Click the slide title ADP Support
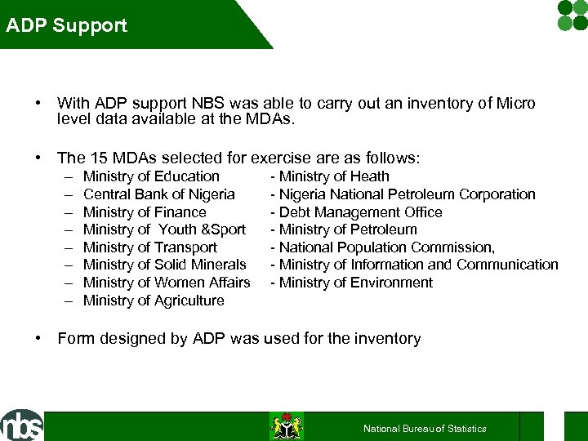pyautogui.click(x=67, y=25)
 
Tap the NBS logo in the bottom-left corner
pyautogui.click(x=22, y=425)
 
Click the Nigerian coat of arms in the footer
pyautogui.click(x=287, y=426)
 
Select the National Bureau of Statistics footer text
pyautogui.click(x=425, y=429)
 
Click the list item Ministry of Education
pyautogui.click(x=151, y=176)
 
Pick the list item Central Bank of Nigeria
pyautogui.click(x=158, y=194)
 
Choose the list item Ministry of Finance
pyautogui.click(x=145, y=212)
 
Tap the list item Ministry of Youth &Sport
pyautogui.click(x=164, y=229)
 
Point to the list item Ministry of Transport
pyautogui.click(x=150, y=247)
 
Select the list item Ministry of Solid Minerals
pyautogui.click(x=164, y=265)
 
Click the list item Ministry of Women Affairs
pyautogui.click(x=167, y=283)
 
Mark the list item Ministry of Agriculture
pyautogui.click(x=154, y=301)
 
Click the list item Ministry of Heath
pyautogui.click(x=333, y=176)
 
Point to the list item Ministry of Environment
pyautogui.click(x=355, y=283)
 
